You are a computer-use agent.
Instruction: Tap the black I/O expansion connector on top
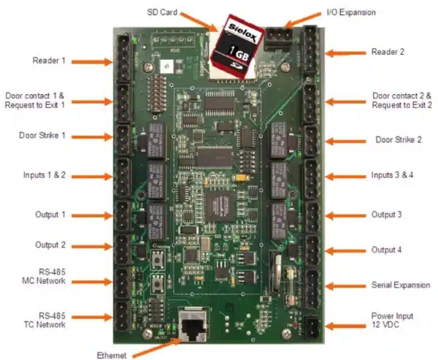click(277, 36)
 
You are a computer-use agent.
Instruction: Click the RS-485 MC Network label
click(45, 276)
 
